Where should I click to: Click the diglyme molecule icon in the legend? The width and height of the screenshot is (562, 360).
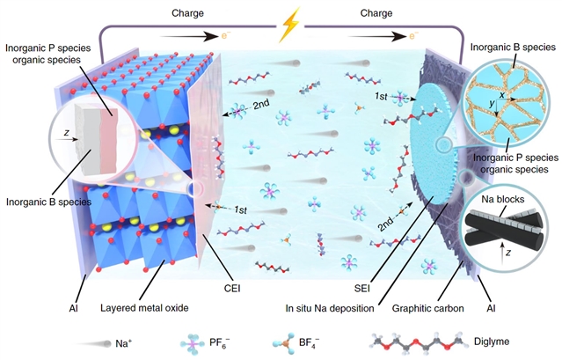pos(413,336)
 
